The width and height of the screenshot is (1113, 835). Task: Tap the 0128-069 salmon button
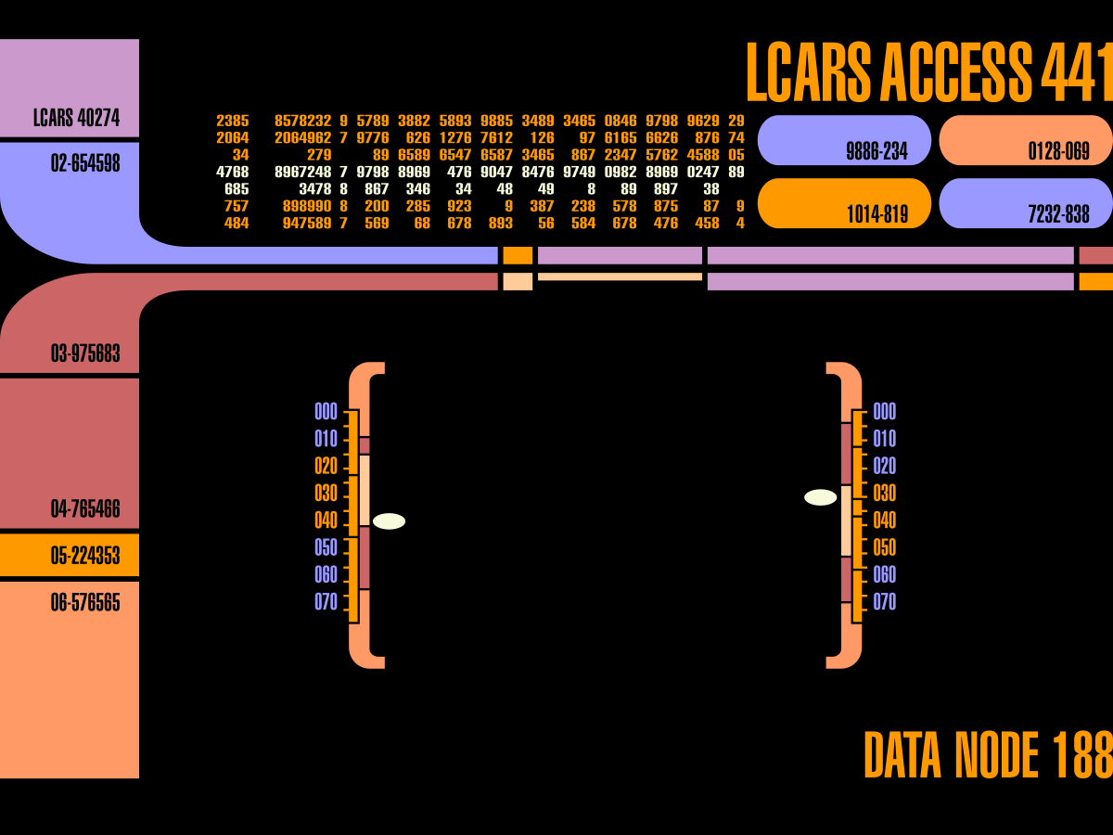click(x=1026, y=141)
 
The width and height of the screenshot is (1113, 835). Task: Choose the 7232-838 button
click(x=1026, y=204)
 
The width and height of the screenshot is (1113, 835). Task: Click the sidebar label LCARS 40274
click(x=76, y=119)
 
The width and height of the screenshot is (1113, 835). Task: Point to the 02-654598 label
click(x=85, y=164)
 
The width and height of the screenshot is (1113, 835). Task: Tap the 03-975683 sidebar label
click(x=85, y=353)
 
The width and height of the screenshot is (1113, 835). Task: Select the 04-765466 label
click(x=85, y=509)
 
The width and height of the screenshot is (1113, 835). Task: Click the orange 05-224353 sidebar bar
click(x=70, y=556)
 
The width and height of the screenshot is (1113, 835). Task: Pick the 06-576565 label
click(x=85, y=603)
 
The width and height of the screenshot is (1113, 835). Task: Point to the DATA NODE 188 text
click(x=988, y=755)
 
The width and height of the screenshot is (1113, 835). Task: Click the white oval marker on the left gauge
click(x=389, y=521)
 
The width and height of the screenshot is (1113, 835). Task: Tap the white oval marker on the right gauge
click(x=820, y=497)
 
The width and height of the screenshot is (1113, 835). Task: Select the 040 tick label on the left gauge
click(x=326, y=521)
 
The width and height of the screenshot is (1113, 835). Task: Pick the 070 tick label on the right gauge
click(x=885, y=602)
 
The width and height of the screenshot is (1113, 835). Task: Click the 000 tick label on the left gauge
click(x=326, y=412)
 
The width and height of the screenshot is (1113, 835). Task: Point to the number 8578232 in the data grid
click(x=303, y=122)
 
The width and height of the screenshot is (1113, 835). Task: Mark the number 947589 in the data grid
click(x=307, y=224)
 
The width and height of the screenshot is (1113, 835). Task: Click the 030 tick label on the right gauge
click(x=885, y=494)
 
